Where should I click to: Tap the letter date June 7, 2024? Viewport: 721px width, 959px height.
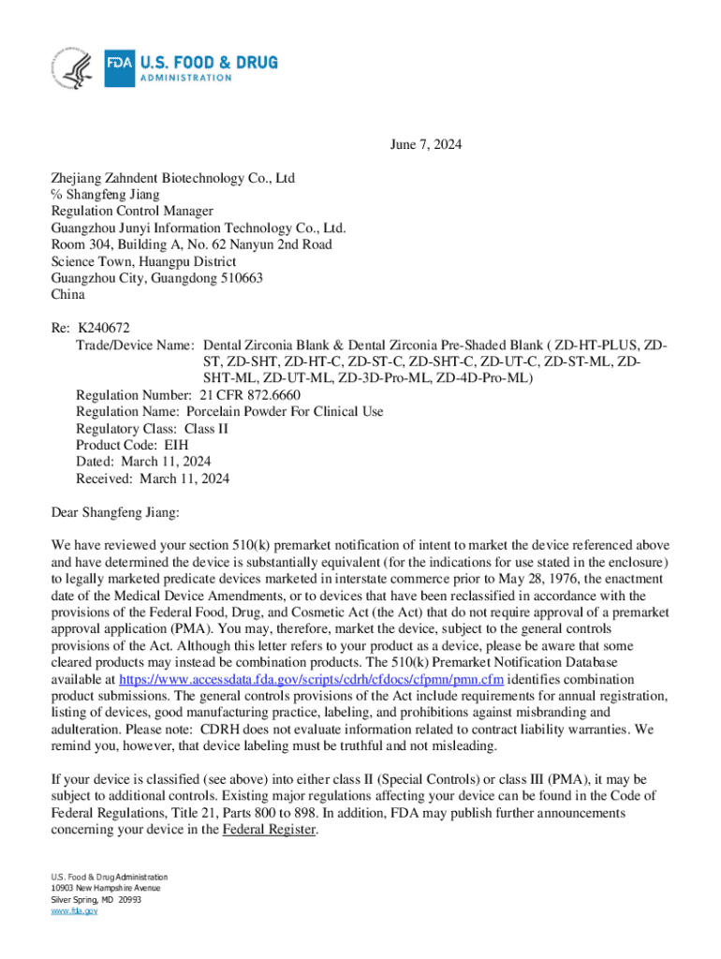click(425, 145)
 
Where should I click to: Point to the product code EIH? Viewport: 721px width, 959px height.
click(176, 445)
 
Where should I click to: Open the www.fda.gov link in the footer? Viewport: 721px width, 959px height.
click(73, 910)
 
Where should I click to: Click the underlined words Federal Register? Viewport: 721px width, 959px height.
click(269, 830)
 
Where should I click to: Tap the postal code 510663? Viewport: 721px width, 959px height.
click(239, 278)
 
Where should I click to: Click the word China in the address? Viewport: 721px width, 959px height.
click(67, 294)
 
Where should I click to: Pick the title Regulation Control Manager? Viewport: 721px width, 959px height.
click(132, 211)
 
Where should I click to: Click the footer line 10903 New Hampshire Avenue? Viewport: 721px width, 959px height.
click(106, 888)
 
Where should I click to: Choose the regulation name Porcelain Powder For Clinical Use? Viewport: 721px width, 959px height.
click(285, 411)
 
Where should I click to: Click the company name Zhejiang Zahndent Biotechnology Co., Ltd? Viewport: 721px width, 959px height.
click(173, 178)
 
